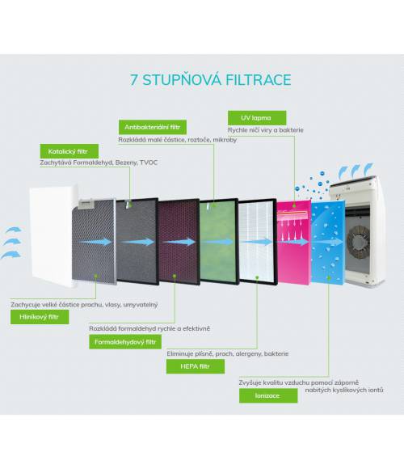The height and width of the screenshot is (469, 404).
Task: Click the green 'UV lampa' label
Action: click(257, 118)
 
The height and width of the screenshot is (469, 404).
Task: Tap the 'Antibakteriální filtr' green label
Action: click(153, 127)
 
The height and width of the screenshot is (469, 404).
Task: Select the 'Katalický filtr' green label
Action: click(69, 151)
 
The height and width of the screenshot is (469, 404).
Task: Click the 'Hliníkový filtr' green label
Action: click(40, 317)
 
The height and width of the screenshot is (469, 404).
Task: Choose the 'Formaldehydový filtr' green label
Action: click(125, 342)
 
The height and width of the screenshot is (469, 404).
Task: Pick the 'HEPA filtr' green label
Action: click(196, 366)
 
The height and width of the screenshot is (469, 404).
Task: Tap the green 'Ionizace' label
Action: click(268, 395)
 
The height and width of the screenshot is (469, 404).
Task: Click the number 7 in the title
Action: click(134, 80)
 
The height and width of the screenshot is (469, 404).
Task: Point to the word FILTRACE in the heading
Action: click(259, 80)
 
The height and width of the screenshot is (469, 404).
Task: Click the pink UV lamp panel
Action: click(294, 243)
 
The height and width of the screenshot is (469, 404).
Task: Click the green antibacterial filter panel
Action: click(219, 242)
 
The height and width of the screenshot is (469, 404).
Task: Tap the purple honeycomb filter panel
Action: click(179, 242)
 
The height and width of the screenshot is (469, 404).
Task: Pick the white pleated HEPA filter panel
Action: click(258, 242)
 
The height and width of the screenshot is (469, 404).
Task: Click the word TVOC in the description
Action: click(149, 163)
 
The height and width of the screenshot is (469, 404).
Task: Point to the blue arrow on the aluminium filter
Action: click(96, 242)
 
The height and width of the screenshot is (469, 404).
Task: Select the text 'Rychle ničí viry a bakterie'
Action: click(266, 130)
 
